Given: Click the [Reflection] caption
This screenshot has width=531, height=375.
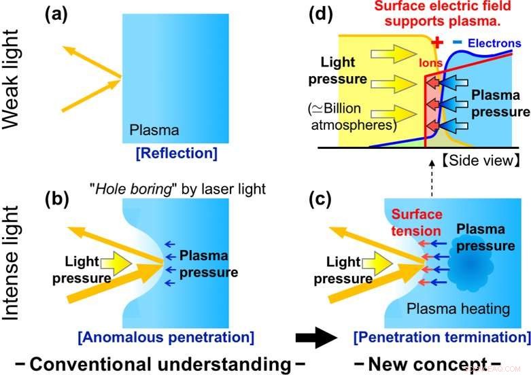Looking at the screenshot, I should (177, 154).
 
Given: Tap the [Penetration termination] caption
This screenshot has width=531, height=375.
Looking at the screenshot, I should (442, 336).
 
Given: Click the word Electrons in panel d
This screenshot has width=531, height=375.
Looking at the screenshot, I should (496, 43).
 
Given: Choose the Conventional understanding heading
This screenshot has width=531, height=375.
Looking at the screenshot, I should (158, 361).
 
